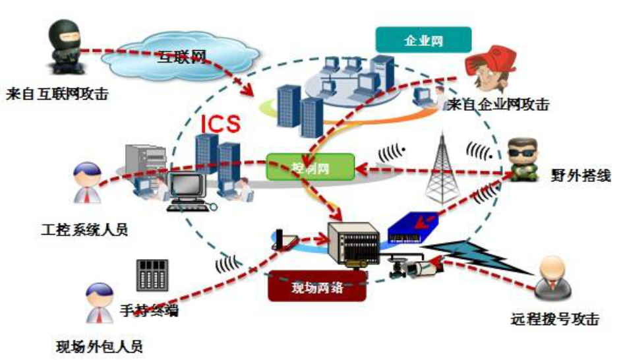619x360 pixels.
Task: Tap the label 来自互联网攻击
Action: (55, 94)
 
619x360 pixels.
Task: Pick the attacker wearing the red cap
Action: (488, 70)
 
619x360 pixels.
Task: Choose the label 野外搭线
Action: (577, 176)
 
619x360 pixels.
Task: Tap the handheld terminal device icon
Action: (152, 275)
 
